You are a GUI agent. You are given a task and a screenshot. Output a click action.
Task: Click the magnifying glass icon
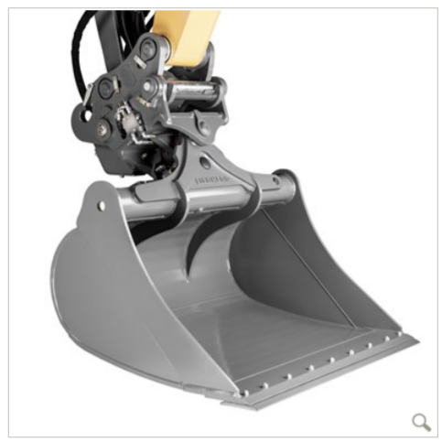(x=420, y=422)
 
